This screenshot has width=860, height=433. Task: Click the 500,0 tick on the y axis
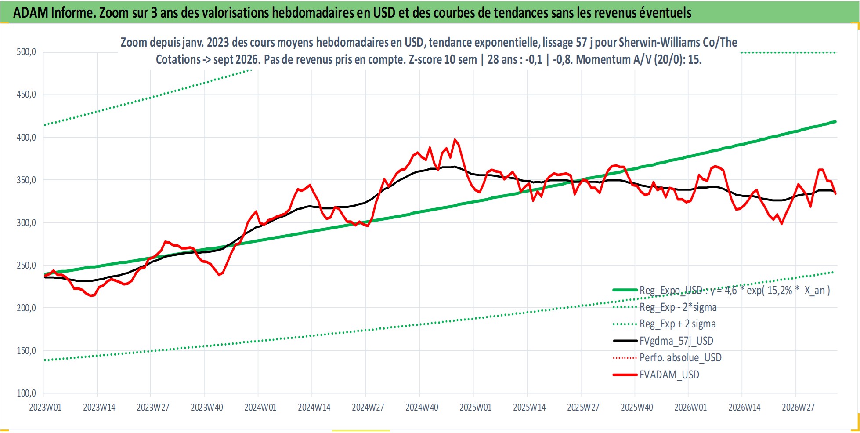26,52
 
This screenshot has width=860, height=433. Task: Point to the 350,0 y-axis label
26,180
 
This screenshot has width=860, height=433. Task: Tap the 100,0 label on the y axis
26,393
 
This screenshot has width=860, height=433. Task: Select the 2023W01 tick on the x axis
45,408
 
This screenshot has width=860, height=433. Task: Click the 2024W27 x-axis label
368,408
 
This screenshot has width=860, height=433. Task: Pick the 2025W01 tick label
476,408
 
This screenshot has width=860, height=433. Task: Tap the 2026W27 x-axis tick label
798,408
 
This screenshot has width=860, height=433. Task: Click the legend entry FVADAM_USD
669,375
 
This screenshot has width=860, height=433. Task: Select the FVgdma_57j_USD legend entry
676,341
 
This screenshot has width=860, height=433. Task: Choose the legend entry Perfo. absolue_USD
680,357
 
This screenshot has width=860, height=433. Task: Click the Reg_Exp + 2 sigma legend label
678,324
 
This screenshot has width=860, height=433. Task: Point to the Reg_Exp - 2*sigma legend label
678,307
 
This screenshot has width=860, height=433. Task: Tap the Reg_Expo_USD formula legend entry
735,290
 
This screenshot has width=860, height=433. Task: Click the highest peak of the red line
455,140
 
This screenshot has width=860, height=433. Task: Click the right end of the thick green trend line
835,122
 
